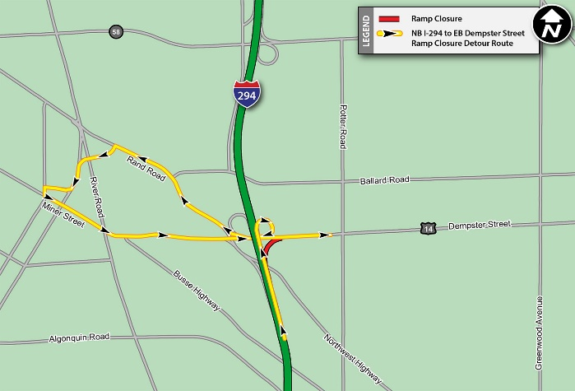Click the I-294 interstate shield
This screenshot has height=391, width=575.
coord(246,94)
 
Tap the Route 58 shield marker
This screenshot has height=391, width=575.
coord(114,31)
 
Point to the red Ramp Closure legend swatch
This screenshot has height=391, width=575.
coord(390,16)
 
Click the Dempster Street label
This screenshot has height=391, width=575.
coord(480,225)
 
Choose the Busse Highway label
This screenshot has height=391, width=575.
coord(197,291)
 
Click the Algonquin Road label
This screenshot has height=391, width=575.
coord(79,337)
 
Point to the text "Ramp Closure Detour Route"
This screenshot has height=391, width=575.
coord(462,44)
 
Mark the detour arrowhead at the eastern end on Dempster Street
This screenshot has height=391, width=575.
coord(326,235)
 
